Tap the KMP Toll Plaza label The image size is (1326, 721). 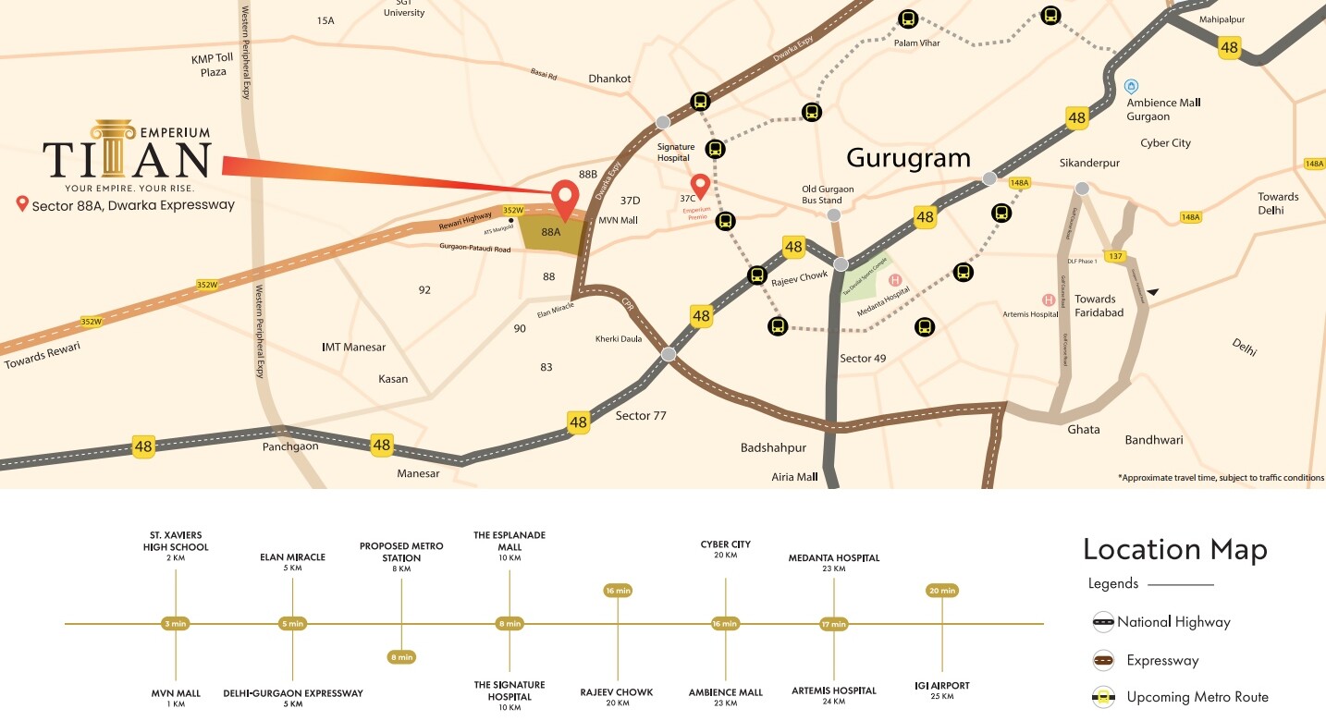(x=213, y=66)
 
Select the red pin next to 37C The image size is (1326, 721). (x=701, y=187)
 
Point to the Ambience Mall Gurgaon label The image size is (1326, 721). (x=1163, y=109)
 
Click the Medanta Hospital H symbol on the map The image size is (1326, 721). (x=894, y=280)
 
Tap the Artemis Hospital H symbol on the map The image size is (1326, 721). (x=1049, y=299)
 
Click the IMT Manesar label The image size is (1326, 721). (x=353, y=348)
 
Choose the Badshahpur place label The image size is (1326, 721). (x=773, y=447)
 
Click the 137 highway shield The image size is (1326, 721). (x=1115, y=256)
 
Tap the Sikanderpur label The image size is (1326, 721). (x=1089, y=164)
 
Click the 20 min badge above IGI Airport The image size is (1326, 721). (x=942, y=591)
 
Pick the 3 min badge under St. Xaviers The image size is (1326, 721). (x=176, y=624)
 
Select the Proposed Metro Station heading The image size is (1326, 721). (x=401, y=552)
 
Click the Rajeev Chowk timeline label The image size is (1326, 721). (x=617, y=697)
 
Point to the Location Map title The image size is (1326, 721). (x=1174, y=550)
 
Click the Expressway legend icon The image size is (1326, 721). (x=1103, y=660)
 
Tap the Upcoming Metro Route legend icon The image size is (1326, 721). (x=1103, y=697)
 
